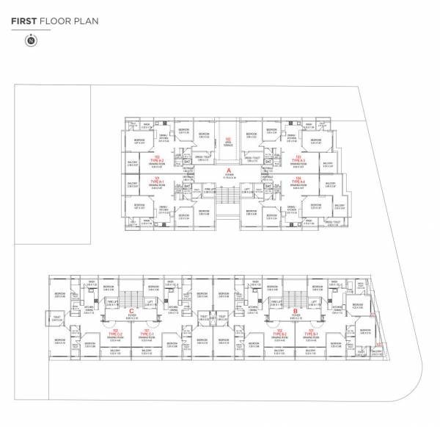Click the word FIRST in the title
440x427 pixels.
[24, 22]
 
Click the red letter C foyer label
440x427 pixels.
[131, 312]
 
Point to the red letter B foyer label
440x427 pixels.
[294, 312]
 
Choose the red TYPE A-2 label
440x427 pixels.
[155, 159]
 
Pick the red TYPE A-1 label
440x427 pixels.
[155, 179]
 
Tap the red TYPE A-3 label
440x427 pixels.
[298, 159]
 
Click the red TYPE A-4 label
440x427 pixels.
[298, 179]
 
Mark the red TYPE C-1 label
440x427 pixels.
[146, 332]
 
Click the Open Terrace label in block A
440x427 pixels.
[228, 140]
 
